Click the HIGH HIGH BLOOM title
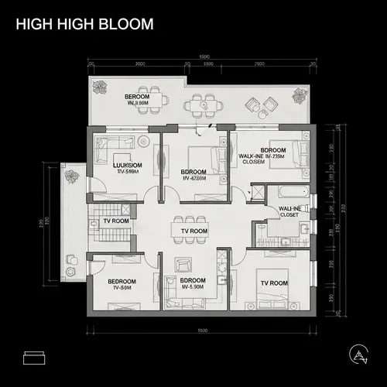coord(84,24)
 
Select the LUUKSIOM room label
coord(126,168)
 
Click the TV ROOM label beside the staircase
coord(115,221)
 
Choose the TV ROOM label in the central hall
coord(193,231)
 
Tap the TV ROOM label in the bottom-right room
coord(275,283)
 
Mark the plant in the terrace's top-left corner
coord(101,87)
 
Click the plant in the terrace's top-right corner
coord(299,95)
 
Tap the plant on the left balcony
coord(73,176)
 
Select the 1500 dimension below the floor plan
coord(203,330)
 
